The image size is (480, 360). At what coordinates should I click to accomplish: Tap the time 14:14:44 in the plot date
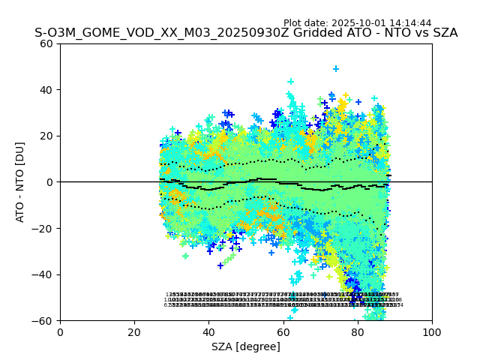[x=410, y=23]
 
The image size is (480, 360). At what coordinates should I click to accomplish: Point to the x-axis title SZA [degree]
[x=246, y=346]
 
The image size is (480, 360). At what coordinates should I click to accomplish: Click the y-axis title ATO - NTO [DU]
[x=21, y=182]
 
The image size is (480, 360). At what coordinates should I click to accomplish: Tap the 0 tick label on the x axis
[x=60, y=333]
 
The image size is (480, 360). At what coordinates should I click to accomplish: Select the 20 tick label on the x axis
[x=134, y=333]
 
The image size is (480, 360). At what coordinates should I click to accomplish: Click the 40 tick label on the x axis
[x=208, y=333]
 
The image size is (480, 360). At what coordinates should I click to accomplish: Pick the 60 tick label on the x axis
[x=283, y=333]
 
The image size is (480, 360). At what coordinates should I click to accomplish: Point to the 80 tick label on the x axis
[x=358, y=333]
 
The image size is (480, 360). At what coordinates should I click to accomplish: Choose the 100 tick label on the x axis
[x=432, y=333]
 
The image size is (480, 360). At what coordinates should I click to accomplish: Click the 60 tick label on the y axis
[x=46, y=43]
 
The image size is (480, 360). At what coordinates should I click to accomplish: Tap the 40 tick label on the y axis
[x=46, y=90]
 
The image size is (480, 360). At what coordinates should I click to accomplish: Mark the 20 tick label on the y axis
[x=46, y=136]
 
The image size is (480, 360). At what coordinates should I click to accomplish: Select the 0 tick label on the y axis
[x=50, y=182]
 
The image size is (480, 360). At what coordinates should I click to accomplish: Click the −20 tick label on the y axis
[x=43, y=229]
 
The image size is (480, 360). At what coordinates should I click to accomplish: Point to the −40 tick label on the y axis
[x=43, y=274]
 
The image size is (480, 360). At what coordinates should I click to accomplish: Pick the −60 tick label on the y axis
[x=43, y=321]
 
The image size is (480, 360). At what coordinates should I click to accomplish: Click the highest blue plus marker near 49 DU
[x=336, y=69]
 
